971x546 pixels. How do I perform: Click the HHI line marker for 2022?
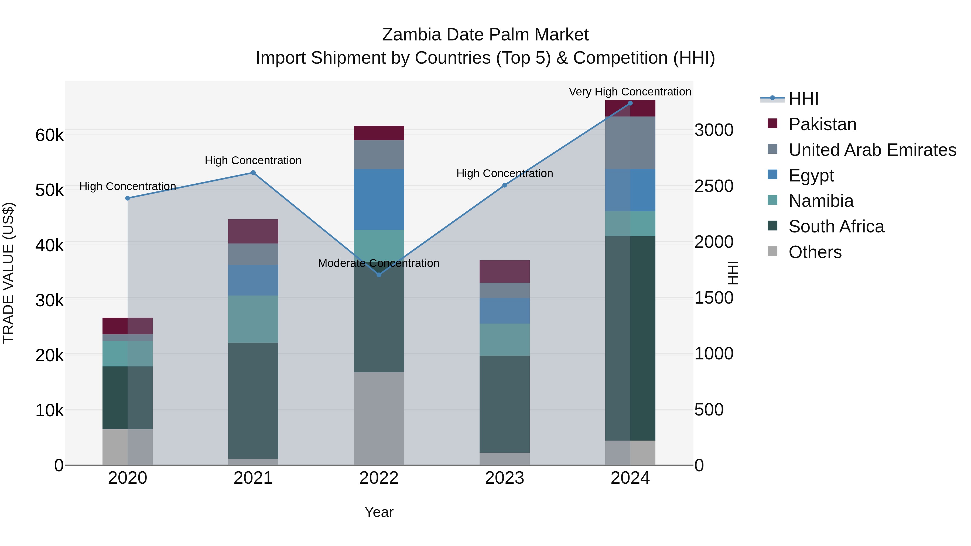coord(379,275)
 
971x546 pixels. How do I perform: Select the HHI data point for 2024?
coord(630,103)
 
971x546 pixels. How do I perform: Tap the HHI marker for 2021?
coord(253,173)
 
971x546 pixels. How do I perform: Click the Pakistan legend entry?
coord(822,124)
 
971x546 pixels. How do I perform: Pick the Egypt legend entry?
coord(811,176)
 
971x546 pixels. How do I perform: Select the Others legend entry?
coord(815,252)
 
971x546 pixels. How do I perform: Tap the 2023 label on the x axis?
coord(504,478)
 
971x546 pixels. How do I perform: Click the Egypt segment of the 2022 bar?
coord(379,199)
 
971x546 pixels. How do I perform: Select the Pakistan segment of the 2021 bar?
coord(253,231)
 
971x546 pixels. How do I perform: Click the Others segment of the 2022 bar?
coord(379,418)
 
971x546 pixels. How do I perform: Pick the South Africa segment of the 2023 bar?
coord(504,404)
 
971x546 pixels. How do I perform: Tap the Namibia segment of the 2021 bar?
coord(253,319)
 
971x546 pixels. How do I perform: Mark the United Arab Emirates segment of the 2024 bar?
coord(630,143)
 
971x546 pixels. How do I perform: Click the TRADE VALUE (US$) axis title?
coord(8,273)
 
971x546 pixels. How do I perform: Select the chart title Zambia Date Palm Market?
coord(485,35)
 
